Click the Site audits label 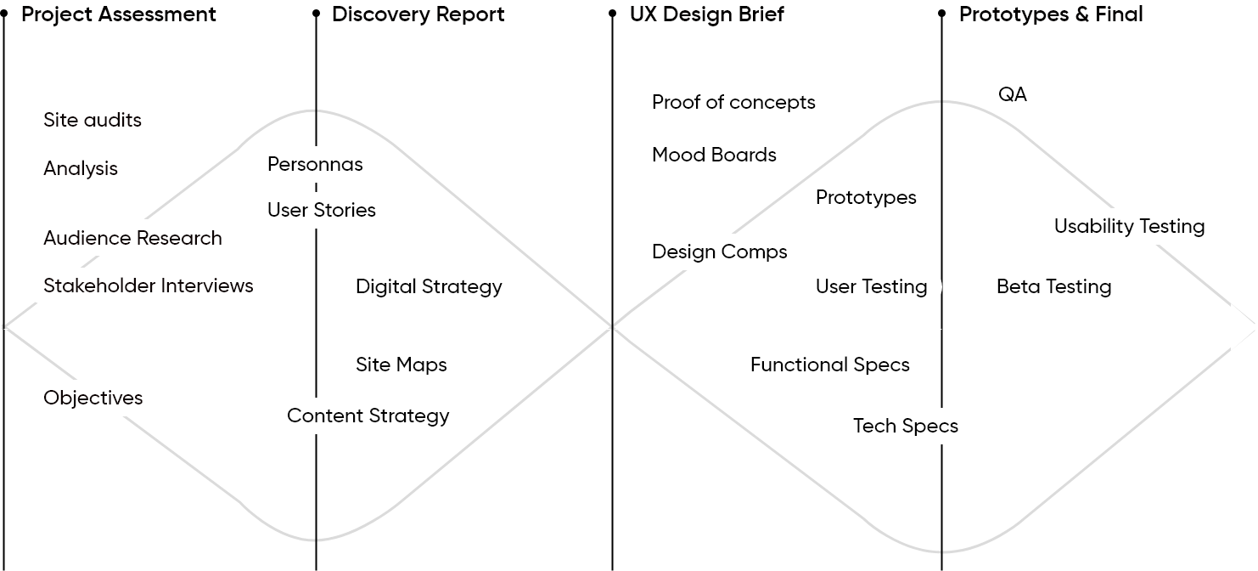point(92,120)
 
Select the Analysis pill point(81,168)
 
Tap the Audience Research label point(132,238)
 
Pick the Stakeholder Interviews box point(148,285)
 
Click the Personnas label point(315,164)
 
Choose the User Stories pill point(321,210)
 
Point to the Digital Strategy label point(429,286)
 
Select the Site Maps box point(402,365)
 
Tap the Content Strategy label point(368,416)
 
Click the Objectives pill point(93,398)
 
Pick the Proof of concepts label point(733,102)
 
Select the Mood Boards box point(714,155)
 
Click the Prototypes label point(865,197)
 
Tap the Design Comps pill point(719,252)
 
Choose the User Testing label point(871,286)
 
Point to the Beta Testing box point(1053,286)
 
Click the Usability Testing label point(1130,226)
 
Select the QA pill point(1013,94)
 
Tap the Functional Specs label point(829,365)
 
